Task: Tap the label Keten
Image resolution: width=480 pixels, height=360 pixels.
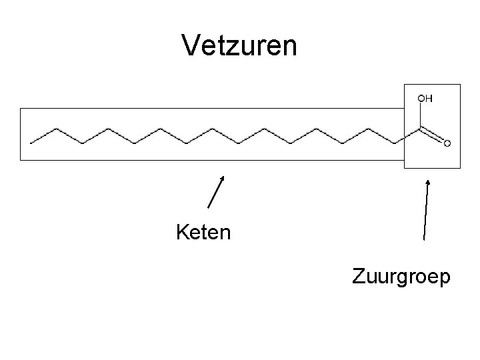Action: click(203, 233)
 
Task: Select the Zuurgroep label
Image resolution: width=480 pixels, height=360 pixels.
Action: click(401, 276)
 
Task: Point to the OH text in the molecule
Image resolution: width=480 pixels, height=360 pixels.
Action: click(425, 99)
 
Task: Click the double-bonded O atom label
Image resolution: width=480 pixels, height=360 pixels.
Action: click(447, 143)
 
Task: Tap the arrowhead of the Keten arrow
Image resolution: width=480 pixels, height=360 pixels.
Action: click(223, 177)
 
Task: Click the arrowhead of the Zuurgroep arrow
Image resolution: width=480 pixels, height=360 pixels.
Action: click(427, 181)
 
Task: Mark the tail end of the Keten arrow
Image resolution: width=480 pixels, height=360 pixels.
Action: click(209, 208)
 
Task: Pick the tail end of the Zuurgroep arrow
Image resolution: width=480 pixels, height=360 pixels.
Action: click(425, 239)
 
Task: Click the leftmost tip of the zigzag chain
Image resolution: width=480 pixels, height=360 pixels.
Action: click(31, 141)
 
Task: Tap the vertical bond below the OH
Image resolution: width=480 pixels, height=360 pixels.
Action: click(421, 116)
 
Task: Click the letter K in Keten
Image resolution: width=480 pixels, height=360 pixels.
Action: click(182, 233)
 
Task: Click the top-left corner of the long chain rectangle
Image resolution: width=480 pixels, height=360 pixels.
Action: click(21, 108)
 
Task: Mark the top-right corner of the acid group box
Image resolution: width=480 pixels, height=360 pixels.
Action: click(460, 85)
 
